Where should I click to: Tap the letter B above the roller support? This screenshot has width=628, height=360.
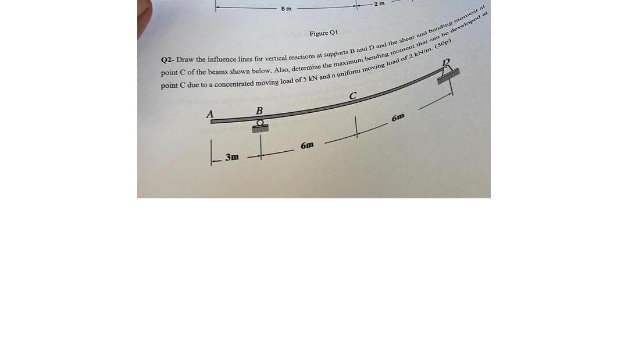(259, 111)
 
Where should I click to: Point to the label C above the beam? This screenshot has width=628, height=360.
(352, 96)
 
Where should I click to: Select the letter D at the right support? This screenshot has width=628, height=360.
(447, 62)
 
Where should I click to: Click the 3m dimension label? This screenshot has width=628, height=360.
(232, 157)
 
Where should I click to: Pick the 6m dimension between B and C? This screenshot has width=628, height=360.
(308, 145)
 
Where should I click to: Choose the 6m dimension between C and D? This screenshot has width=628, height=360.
(399, 117)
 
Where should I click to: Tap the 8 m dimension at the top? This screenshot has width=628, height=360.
(286, 9)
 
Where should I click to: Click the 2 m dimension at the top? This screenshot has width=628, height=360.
(379, 4)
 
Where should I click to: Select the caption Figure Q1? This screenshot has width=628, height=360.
(323, 33)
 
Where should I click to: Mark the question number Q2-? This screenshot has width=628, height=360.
(167, 60)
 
